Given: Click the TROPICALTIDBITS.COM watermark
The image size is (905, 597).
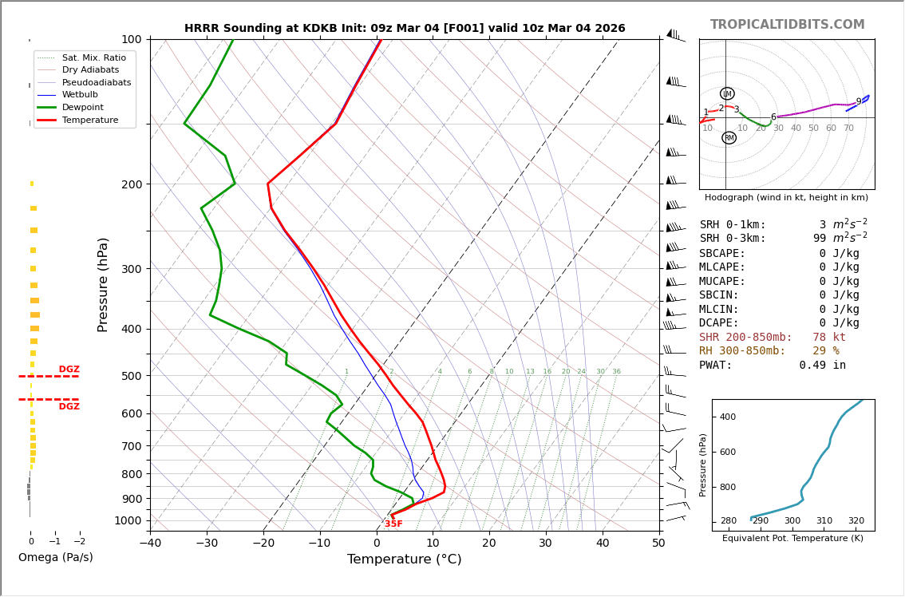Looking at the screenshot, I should pos(787,25).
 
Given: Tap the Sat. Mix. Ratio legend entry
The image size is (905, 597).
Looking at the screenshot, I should pos(93,57).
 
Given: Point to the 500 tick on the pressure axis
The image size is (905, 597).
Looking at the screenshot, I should pos(132,376).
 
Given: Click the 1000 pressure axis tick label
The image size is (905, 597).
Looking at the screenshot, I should pos(128,520).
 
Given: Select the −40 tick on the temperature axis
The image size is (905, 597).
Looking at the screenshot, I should pos(150,544).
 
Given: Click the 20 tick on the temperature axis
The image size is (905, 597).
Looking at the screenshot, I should pos(489,544).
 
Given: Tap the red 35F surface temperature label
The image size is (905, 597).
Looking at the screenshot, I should pos(393,524).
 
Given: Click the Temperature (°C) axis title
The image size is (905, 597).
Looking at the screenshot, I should pos(404,560).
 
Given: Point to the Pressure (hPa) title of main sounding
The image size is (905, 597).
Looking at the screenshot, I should pos(103,284).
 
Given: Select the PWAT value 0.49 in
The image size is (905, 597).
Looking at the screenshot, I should pos(822,366).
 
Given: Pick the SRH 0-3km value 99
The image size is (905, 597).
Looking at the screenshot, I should pos(819,239).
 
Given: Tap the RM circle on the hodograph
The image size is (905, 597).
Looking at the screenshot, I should pos(729,138).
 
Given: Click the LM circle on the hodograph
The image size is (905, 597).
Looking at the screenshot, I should pos(727,93).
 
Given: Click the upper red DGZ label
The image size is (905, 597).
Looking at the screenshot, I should pos(69,370).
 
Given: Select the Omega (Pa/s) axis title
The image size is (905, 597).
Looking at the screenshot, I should pos(55,558).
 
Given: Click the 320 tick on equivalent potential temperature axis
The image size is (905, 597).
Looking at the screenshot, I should pos(856,521).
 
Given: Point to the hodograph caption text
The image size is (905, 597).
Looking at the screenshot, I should pos(786,198).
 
